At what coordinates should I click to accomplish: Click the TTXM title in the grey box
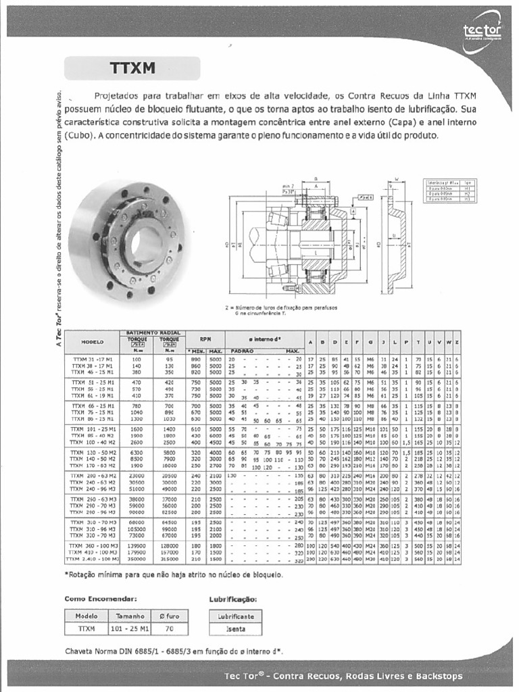point(132,68)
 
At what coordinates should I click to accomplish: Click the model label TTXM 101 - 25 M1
point(93,428)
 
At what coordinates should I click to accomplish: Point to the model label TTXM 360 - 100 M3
point(93,545)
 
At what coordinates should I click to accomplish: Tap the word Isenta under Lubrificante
point(236,628)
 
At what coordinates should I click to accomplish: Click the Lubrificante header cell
point(236,616)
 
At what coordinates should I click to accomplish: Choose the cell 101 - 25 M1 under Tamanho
point(130,628)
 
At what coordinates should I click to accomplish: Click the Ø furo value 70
point(169,628)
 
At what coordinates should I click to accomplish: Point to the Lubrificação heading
point(233,599)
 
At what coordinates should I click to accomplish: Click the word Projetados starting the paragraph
point(118,96)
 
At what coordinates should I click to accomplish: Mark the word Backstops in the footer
point(437,676)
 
